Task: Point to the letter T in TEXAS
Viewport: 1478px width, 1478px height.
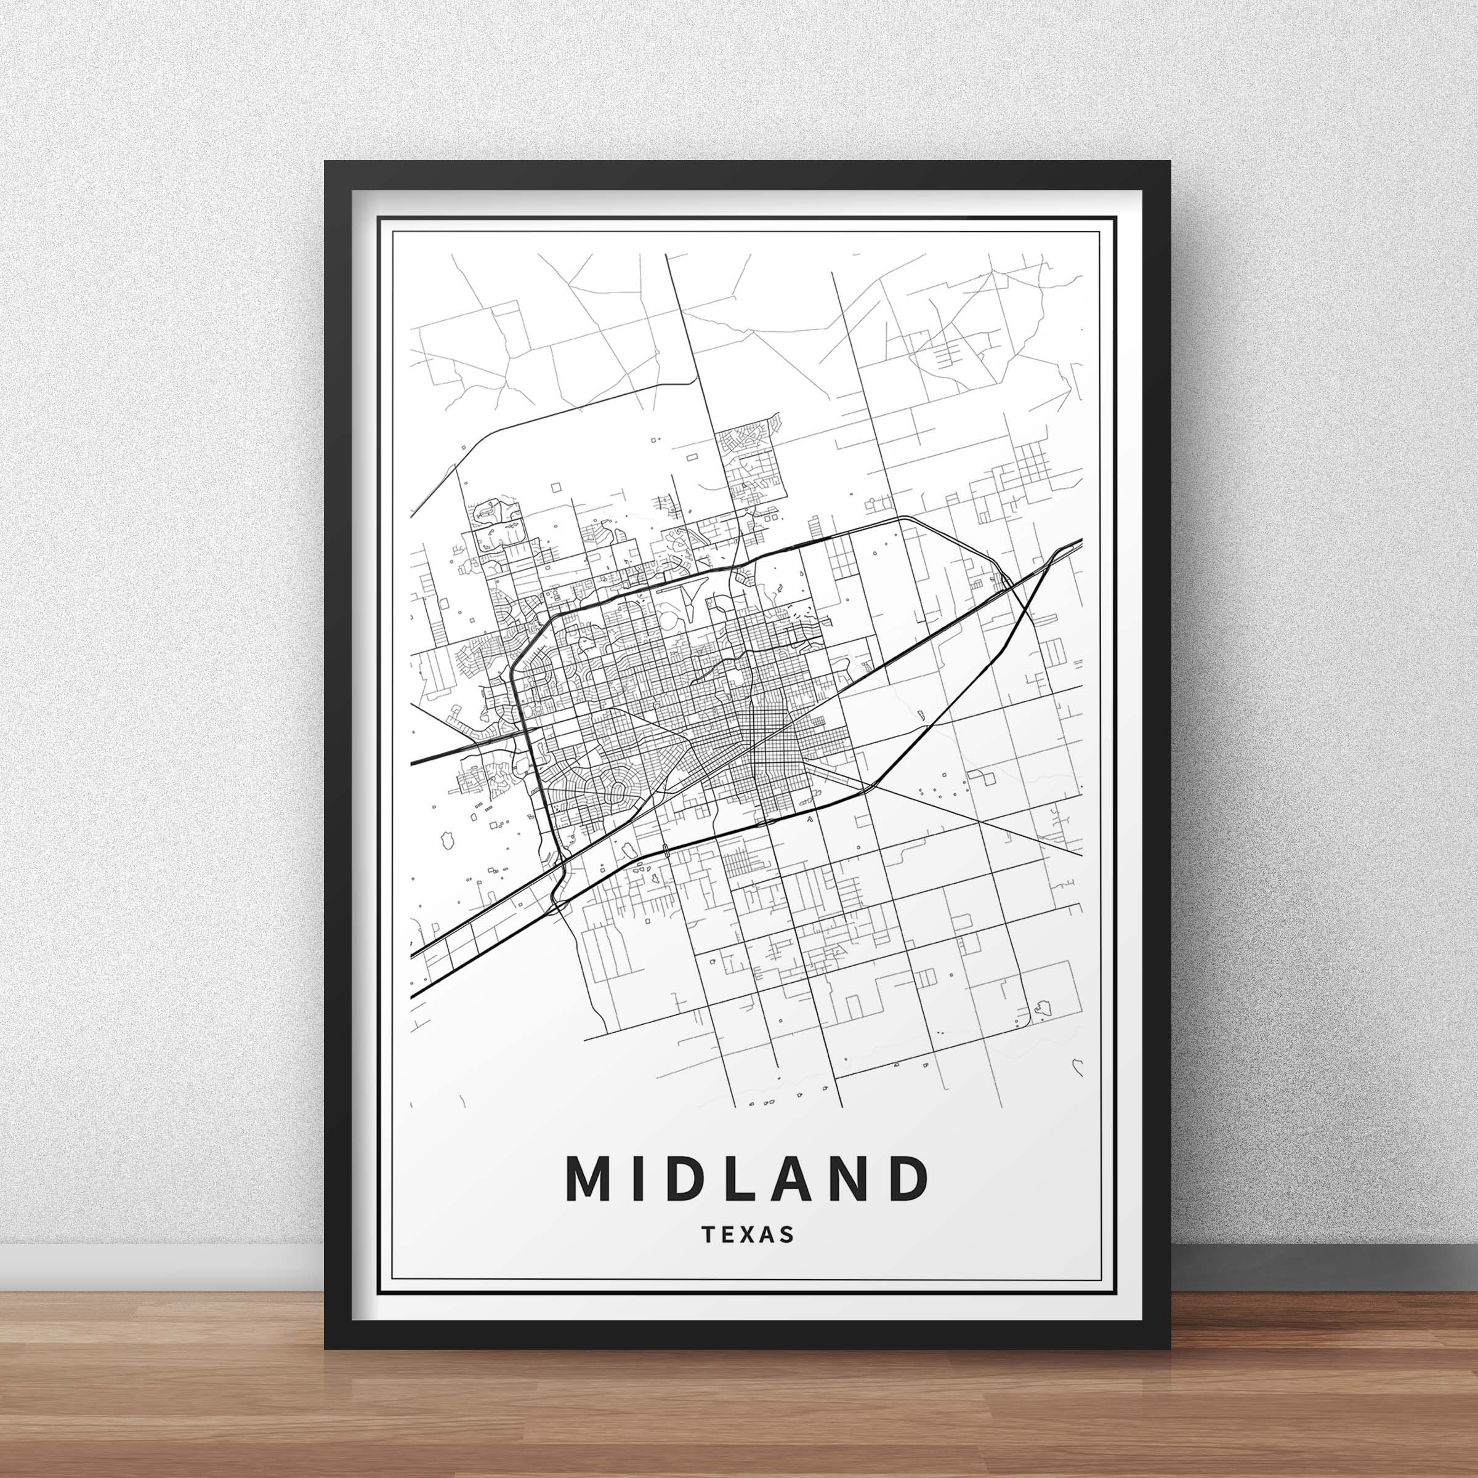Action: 706,1235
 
